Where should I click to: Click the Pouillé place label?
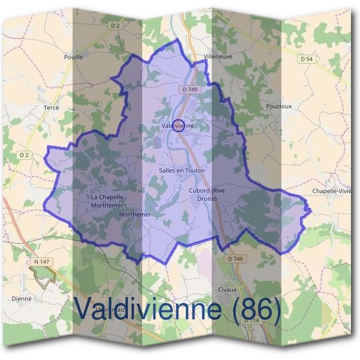coord(73,57)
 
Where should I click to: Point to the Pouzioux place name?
coord(278,106)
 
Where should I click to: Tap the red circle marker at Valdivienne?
coord(178,125)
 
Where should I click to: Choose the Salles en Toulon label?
coord(182,170)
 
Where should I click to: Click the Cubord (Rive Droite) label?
coord(206,194)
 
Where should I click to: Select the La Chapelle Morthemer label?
coord(107,200)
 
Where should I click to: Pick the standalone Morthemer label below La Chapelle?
coord(135,214)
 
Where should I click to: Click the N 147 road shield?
coord(41,262)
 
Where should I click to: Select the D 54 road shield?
coord(306,59)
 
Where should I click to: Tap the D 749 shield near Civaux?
coord(236,259)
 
